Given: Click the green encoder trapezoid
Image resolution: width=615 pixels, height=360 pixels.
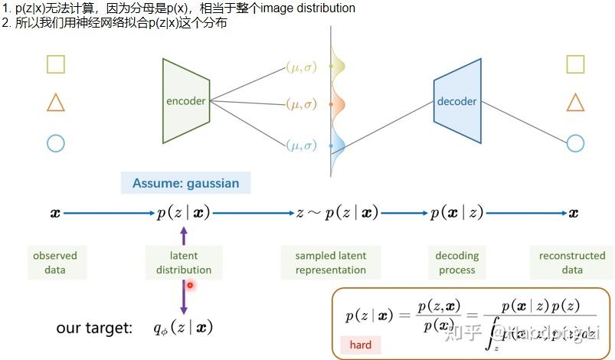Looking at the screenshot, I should point(186,101).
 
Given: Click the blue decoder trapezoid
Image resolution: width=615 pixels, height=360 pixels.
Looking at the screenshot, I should point(456,101).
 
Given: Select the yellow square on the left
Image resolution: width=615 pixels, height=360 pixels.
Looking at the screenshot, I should point(55,64).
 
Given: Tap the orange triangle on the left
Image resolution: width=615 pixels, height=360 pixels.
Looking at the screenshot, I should point(55,103).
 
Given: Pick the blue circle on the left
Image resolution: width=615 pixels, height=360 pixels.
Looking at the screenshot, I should point(55,142).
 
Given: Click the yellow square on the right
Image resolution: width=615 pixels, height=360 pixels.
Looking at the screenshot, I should point(576,64).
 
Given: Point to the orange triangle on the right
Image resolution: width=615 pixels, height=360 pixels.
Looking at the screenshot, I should point(576,103).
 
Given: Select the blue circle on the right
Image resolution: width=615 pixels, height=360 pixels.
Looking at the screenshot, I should point(576,142).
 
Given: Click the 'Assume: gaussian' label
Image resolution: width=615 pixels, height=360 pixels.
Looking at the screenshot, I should point(185,183).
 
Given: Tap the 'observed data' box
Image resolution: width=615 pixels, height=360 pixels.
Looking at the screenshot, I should point(55,262).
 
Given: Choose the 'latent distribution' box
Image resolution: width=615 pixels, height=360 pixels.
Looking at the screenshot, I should point(184,262).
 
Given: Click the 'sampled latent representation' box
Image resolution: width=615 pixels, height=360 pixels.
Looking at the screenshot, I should point(331,262).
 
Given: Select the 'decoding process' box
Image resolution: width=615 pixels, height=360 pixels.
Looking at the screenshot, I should point(456,262).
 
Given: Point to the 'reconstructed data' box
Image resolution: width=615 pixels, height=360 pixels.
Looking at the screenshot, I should point(571,262).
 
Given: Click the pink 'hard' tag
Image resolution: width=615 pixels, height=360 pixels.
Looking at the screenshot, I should point(360,345).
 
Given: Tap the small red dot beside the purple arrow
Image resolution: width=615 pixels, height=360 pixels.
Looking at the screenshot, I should point(190,285).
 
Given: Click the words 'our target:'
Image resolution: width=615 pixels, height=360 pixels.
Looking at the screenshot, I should point(94,328).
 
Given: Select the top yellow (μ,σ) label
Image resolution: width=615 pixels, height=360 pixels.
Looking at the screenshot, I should point(300,67).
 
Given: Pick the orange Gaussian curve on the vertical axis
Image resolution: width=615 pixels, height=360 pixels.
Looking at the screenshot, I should point(337,103).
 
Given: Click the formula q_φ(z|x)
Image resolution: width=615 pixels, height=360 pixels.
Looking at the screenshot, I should point(182,328).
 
